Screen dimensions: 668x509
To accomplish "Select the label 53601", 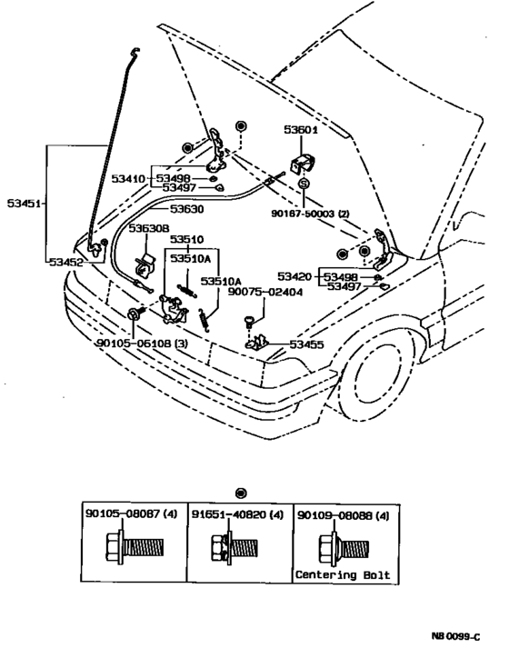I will tap(300, 130).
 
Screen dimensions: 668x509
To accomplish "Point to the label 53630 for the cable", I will tap(185, 208).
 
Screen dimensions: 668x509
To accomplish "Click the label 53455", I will tap(307, 345).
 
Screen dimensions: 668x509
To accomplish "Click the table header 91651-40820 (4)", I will tap(238, 514).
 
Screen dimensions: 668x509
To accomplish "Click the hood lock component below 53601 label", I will tap(299, 165).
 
